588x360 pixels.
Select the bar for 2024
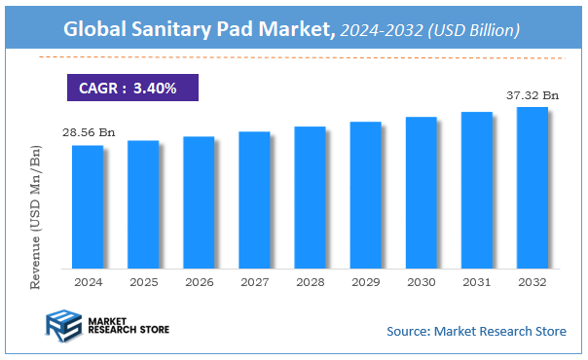87,206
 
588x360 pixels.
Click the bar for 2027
254,199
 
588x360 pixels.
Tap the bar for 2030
422,192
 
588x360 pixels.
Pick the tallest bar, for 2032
533,187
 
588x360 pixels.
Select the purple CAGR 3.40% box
132,88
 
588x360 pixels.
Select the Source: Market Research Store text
476,331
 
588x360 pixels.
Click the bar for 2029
366,195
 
